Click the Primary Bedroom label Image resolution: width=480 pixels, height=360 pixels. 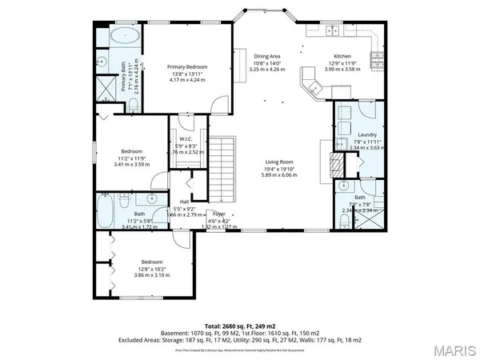click(x=187, y=66)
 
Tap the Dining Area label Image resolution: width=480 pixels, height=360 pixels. click(x=266, y=56)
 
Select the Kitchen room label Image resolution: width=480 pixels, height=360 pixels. click(x=342, y=56)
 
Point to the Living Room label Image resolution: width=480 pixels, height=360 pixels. click(x=280, y=162)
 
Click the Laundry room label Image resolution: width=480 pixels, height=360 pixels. click(x=367, y=134)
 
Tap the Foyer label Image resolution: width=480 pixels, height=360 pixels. click(x=218, y=214)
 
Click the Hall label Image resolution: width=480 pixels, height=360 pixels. click(x=184, y=202)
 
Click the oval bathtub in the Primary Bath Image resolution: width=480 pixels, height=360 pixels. click(x=124, y=36)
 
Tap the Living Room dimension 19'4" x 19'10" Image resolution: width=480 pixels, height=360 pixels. click(x=280, y=169)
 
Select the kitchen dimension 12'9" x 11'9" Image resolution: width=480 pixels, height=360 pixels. click(x=342, y=62)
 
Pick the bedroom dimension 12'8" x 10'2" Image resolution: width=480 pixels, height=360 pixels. click(x=154, y=269)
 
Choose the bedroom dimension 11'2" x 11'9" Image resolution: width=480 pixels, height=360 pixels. click(x=132, y=158)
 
